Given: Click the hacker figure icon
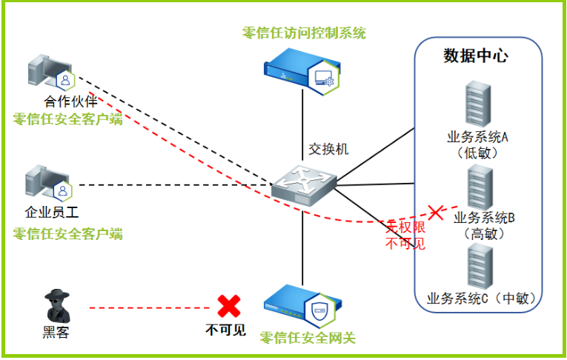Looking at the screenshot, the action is click(x=57, y=306).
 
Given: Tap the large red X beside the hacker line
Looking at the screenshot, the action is click(x=228, y=306).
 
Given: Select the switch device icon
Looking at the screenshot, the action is click(x=304, y=185).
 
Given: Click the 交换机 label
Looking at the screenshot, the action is click(x=328, y=149).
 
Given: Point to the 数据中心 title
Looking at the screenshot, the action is click(x=476, y=56).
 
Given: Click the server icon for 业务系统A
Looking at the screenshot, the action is click(x=478, y=104).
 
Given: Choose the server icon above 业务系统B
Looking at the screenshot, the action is click(x=480, y=187).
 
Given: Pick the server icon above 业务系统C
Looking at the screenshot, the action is click(x=480, y=267).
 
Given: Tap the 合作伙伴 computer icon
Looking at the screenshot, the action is click(x=51, y=73).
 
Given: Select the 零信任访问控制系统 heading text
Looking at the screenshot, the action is click(x=304, y=33).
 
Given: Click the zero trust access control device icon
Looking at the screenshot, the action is click(x=302, y=72).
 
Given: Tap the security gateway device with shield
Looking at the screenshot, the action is click(x=303, y=306).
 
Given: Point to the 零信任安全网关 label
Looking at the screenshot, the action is click(x=308, y=338).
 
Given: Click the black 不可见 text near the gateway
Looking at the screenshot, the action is click(x=225, y=330).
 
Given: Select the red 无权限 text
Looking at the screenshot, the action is click(x=405, y=227).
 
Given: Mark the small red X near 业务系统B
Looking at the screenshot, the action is click(x=436, y=212).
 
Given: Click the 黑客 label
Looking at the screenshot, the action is click(x=56, y=332).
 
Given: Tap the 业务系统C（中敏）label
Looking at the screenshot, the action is click(x=482, y=299).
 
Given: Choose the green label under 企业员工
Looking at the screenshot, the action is click(x=68, y=234).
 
